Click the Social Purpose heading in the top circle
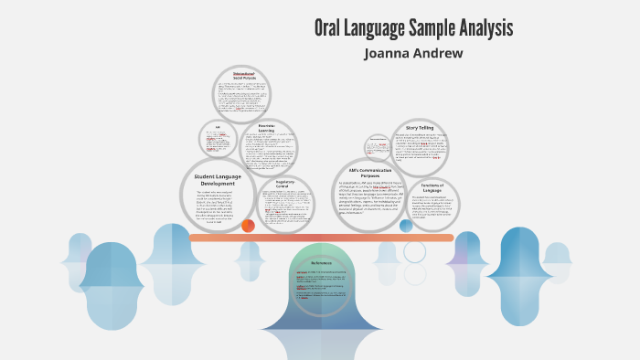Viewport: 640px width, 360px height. point(244,77)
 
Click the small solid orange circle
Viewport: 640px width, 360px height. point(248,225)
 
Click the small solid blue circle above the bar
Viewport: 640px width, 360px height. point(406,225)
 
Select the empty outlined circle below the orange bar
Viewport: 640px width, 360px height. point(415,252)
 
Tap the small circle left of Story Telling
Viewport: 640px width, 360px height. point(378,146)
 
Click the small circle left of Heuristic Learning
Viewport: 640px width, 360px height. point(218,139)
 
